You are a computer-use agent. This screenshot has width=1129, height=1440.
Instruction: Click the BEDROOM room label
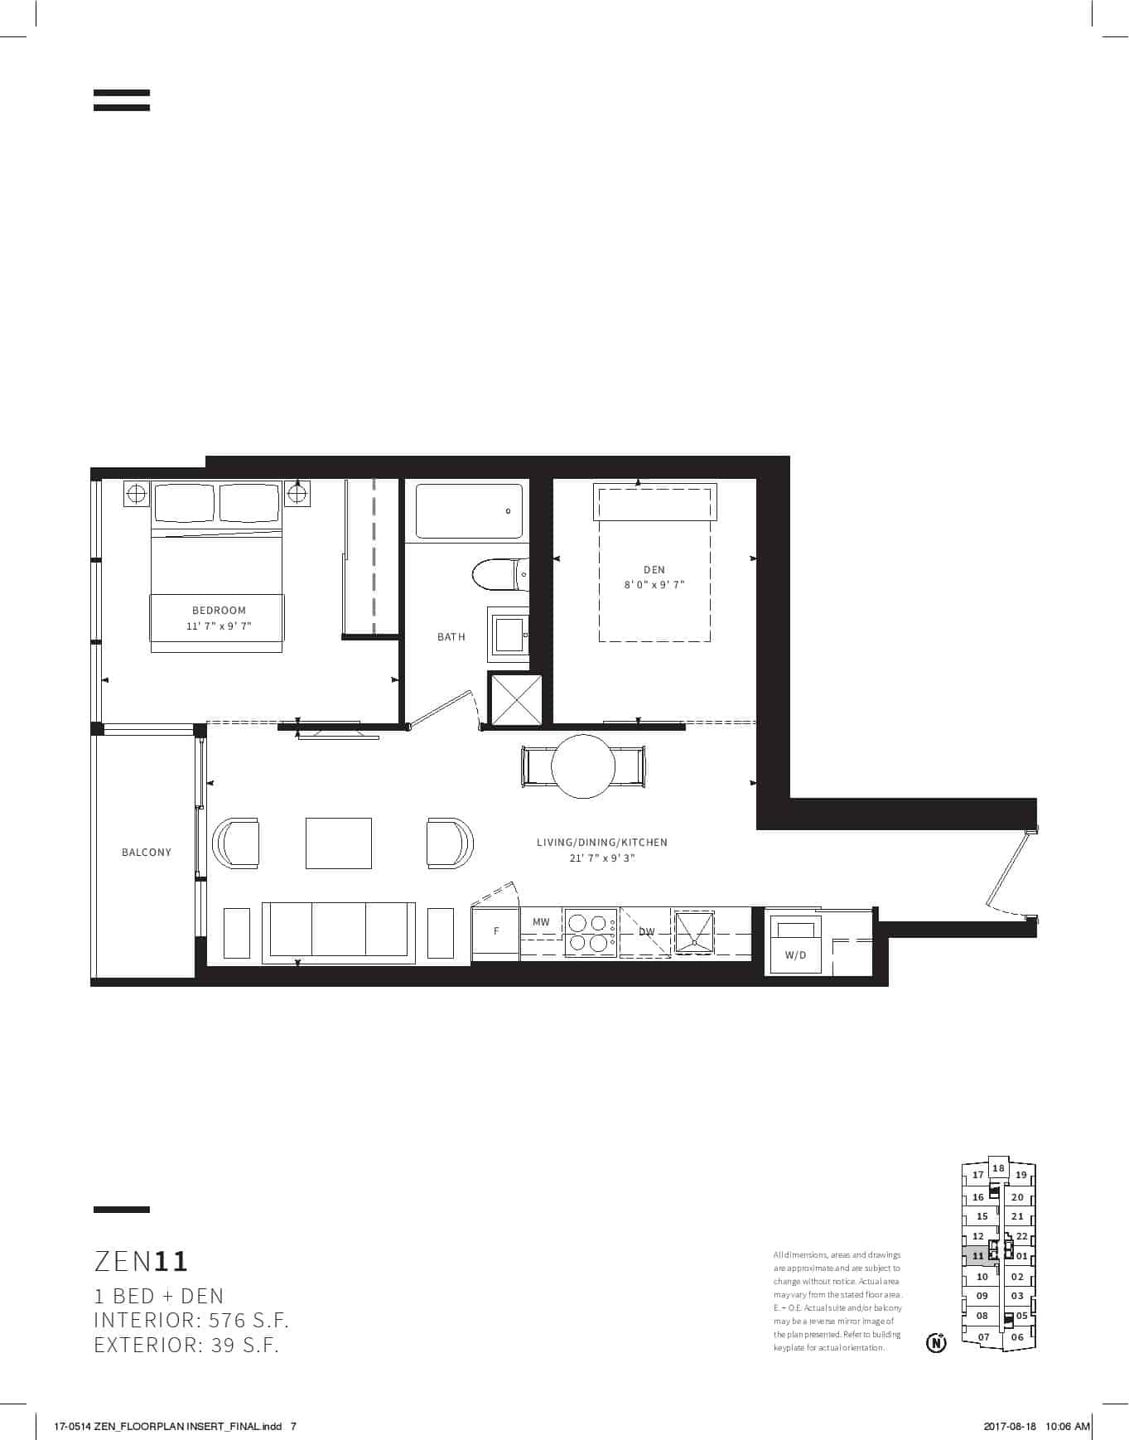click(x=219, y=611)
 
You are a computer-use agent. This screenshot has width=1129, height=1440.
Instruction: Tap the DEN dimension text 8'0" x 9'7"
click(x=654, y=585)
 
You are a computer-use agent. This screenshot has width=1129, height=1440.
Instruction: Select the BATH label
click(x=451, y=637)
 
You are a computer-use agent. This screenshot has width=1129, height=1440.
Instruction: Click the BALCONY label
click(x=147, y=852)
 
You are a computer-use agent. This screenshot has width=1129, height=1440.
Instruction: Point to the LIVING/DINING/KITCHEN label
click(x=602, y=843)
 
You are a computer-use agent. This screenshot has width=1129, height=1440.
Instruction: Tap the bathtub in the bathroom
click(x=469, y=511)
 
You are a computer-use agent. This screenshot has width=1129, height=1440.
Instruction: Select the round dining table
click(x=583, y=766)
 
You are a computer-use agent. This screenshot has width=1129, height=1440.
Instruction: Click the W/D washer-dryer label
click(x=795, y=955)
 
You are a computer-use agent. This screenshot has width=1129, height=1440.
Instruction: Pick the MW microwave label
click(x=541, y=922)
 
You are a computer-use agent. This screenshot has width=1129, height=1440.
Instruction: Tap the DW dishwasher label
click(x=647, y=932)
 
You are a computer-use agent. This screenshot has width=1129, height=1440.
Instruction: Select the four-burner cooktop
click(x=590, y=932)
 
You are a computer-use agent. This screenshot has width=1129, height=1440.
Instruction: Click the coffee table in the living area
click(x=339, y=843)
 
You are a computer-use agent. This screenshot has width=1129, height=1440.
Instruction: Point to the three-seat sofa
click(x=339, y=933)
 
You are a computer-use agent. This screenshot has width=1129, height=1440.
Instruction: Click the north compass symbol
click(x=936, y=1341)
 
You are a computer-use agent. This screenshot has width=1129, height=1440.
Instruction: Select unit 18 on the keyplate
click(x=999, y=1168)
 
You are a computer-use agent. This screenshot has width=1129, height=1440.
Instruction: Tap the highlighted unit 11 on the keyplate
click(x=979, y=1256)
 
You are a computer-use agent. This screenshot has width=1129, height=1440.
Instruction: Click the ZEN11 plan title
click(x=142, y=1261)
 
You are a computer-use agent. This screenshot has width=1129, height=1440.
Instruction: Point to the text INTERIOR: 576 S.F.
click(x=191, y=1320)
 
